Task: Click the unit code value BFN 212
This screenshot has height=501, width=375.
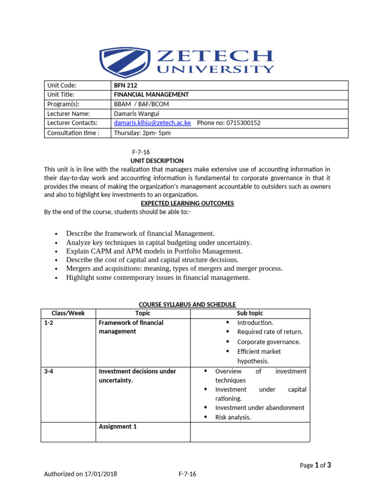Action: [125, 85]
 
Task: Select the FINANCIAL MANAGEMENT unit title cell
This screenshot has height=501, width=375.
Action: [151, 94]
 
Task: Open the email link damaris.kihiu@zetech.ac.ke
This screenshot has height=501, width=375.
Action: [152, 123]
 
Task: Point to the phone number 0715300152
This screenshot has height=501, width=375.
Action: [243, 123]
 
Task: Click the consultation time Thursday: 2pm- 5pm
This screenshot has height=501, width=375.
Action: [142, 133]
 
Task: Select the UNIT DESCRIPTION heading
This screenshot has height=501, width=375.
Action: [157, 160]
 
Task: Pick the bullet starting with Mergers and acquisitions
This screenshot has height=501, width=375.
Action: [174, 269]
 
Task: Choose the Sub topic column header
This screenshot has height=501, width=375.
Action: [250, 313]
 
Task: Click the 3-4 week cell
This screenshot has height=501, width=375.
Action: [49, 371]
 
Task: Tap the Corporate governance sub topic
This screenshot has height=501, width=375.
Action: [269, 342]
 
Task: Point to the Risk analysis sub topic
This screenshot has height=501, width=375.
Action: [233, 417]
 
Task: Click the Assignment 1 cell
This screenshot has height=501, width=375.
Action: [118, 427]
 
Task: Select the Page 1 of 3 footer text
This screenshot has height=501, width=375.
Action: [315, 465]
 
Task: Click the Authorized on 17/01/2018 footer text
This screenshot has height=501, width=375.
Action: [81, 474]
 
